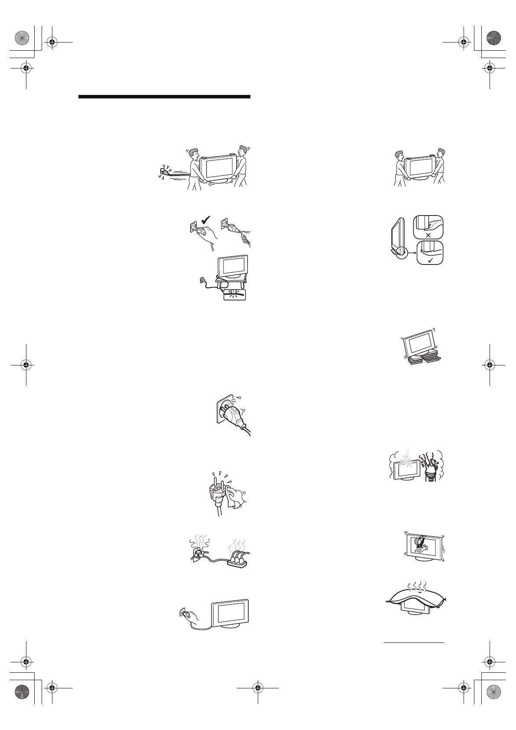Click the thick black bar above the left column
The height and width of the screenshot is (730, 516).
[165, 97]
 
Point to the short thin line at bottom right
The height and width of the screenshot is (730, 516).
[414, 643]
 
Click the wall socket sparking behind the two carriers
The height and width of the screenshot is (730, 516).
[164, 172]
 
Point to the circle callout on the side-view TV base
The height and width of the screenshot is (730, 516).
[401, 251]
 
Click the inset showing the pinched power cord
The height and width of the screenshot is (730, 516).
[234, 295]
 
